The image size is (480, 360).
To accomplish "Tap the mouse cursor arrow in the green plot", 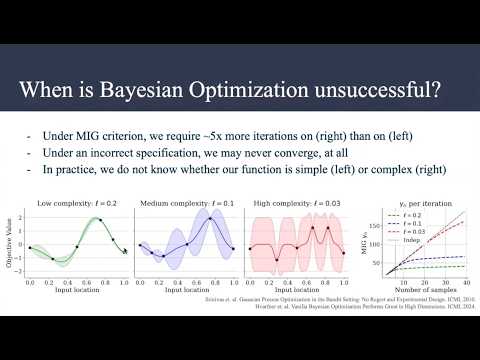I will tap(125, 251).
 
